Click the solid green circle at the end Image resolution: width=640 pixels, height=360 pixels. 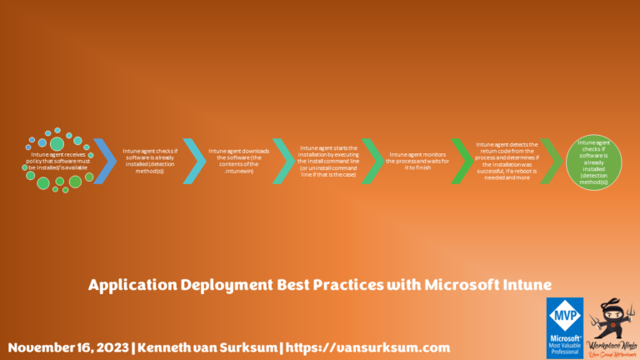click(594, 159)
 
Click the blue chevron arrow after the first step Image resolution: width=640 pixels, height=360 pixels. click(106, 159)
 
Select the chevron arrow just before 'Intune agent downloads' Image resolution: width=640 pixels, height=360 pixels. click(193, 159)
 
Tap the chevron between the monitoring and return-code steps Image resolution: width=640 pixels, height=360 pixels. click(461, 159)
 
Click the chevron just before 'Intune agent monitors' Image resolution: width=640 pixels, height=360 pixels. click(372, 159)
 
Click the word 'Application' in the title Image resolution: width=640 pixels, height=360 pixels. click(131, 285)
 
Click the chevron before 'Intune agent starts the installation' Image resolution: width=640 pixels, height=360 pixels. click(283, 159)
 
